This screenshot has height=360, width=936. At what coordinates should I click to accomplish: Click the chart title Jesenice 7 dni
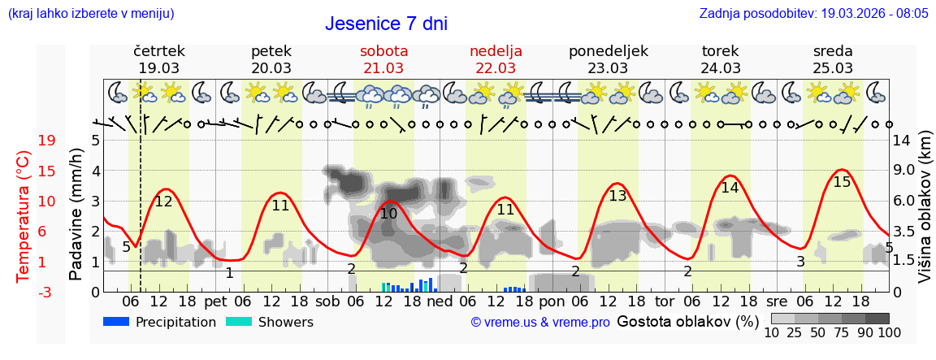coord(386,24)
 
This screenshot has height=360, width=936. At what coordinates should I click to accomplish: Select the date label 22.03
coord(496,68)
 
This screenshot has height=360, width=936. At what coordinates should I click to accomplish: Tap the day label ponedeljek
coord(609,51)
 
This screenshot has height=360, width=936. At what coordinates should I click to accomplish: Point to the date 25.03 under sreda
coord(833,68)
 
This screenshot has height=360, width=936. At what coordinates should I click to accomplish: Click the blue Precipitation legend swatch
coord(117,322)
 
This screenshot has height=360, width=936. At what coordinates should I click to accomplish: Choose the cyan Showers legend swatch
coord(239,322)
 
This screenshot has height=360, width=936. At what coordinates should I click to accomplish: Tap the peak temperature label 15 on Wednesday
coord(842,182)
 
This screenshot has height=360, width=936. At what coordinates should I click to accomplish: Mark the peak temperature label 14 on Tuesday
coord(730,188)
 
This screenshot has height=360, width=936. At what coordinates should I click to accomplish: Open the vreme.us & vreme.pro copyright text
coord(540,322)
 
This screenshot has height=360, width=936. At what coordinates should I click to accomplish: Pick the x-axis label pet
coord(215,301)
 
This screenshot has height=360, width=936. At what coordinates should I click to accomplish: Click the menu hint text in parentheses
coord(91,14)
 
